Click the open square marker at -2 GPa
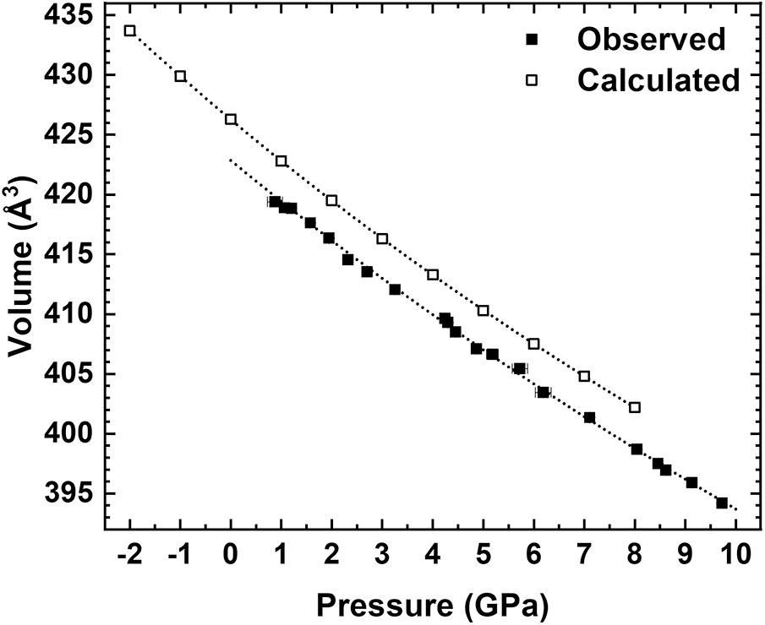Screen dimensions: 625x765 point(129,30)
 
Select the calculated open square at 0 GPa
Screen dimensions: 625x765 point(231,119)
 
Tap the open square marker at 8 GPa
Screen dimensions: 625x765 point(635,407)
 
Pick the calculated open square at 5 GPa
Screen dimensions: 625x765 point(484,310)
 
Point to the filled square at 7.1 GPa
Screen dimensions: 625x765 point(589,417)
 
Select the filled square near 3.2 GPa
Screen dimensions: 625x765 point(395,289)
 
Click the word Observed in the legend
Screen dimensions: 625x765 point(650,39)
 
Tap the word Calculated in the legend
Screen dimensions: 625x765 point(658,80)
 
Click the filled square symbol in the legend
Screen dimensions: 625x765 point(532,39)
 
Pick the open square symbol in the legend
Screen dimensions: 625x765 point(532,80)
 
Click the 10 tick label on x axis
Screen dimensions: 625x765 point(735,556)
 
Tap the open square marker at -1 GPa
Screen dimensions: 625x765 point(180,76)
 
